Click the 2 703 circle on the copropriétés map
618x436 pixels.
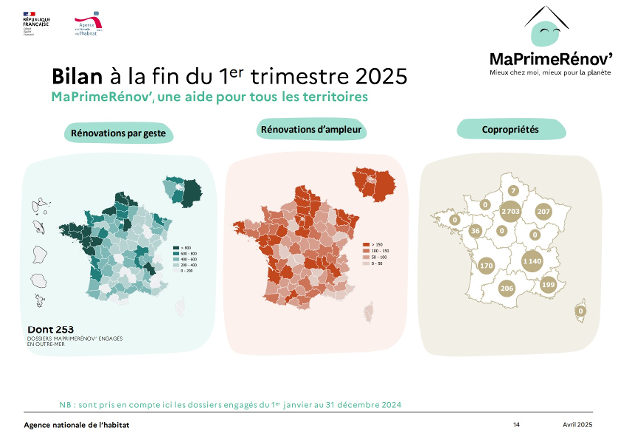pos(511,212)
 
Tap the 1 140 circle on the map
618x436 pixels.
pos(532,260)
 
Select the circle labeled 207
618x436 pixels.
pos(543,212)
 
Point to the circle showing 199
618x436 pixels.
pos(547,285)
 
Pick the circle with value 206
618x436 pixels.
pos(505,288)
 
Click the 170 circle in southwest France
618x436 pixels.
pos(459,266)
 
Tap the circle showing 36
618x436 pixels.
pos(475,230)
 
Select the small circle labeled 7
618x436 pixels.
pos(512,190)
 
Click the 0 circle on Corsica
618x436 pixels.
pos(581,311)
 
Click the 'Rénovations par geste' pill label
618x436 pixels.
pos(118,132)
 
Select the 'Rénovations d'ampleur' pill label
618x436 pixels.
pos(311,130)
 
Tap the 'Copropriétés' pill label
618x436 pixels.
pos(510,130)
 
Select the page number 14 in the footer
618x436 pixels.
pos(516,425)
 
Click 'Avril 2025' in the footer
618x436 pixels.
pos(577,425)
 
